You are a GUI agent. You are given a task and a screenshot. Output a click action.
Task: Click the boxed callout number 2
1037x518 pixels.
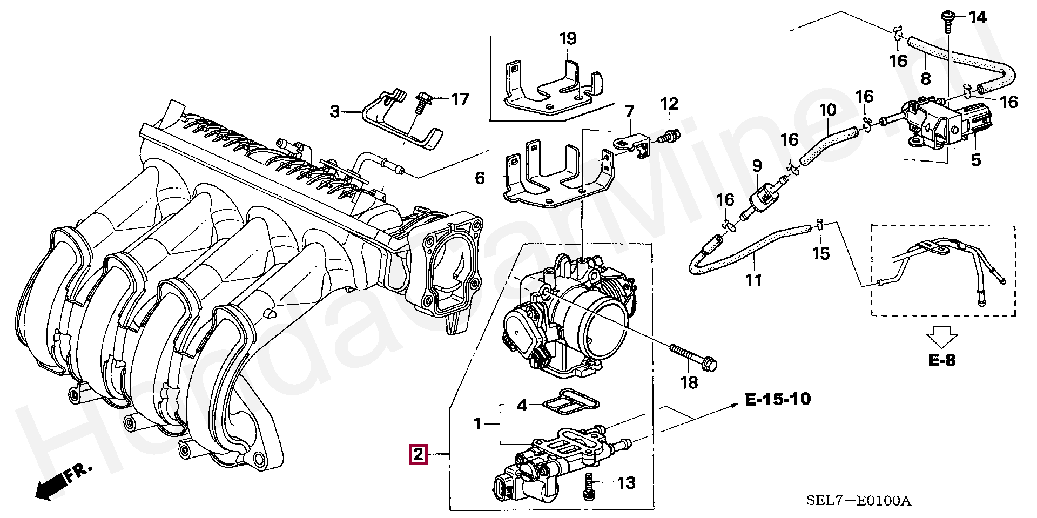tap(419, 454)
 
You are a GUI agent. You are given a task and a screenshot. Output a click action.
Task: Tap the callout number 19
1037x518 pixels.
tap(568, 39)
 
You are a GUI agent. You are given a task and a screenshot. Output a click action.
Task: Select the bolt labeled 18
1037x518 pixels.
tap(693, 357)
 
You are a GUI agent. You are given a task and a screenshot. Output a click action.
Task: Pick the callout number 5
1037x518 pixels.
tap(975, 160)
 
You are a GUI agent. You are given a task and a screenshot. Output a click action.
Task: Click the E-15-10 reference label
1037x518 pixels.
tap(778, 399)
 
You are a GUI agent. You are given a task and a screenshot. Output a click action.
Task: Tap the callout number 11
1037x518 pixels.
tap(754, 280)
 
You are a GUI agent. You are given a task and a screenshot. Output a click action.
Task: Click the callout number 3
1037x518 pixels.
tap(335, 111)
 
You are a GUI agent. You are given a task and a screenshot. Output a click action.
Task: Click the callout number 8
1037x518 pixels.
tap(926, 79)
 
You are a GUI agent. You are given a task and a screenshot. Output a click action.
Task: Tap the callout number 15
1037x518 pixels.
tap(820, 253)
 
